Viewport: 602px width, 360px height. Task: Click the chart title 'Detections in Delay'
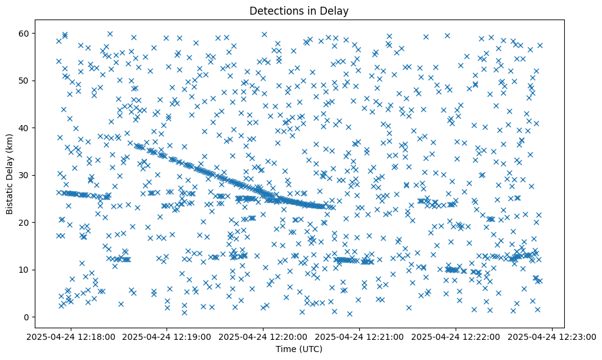299,10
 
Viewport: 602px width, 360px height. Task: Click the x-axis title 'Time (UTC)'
299,350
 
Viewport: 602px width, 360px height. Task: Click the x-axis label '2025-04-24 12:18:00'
70,336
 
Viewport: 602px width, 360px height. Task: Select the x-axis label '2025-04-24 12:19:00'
167,336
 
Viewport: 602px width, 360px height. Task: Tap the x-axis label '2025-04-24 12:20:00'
263,336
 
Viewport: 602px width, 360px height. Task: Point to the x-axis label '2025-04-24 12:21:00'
360,336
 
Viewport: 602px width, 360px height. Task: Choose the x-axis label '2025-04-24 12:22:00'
456,336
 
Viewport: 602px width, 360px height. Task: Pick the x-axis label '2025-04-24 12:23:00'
553,336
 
